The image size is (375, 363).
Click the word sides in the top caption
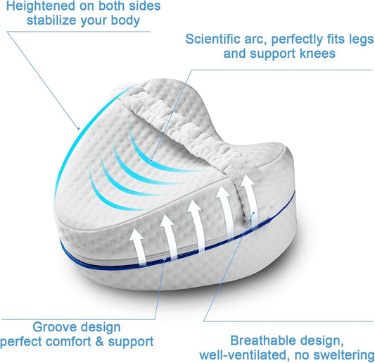click(x=145, y=6)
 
